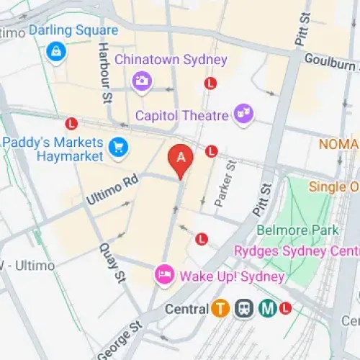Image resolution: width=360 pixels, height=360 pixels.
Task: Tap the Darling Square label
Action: [x=73, y=31]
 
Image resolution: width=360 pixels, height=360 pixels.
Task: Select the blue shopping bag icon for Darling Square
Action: [x=55, y=51]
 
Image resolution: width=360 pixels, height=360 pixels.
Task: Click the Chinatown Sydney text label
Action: [x=171, y=60]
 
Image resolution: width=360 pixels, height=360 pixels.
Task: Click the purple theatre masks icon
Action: [x=243, y=113]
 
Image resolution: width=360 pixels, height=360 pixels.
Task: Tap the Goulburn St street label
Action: [x=330, y=63]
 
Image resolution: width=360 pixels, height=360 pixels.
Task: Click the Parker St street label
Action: [x=225, y=186]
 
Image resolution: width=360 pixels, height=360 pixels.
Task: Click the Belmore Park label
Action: [x=297, y=230]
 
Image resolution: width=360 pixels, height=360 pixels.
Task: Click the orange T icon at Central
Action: [x=220, y=309]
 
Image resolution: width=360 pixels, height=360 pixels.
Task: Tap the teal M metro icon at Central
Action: [x=269, y=309]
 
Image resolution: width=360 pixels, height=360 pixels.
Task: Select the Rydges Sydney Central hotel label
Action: [x=296, y=251]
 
